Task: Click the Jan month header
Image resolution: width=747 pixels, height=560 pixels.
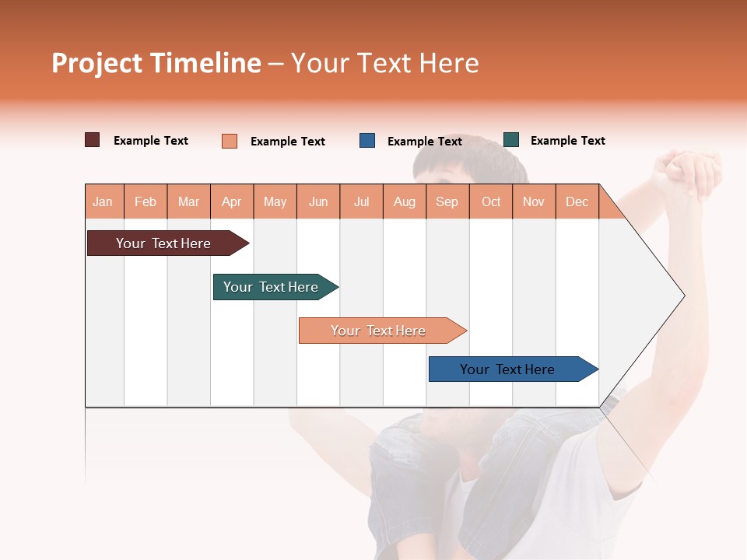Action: coord(103,201)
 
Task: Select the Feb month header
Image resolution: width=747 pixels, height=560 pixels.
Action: coord(146,201)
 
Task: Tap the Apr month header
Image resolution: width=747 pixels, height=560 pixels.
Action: coord(232,201)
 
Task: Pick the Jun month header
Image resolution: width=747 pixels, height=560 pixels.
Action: coord(318,201)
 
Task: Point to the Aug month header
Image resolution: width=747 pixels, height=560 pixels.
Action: coord(405,201)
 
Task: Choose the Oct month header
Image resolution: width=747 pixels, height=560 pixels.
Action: coord(491,201)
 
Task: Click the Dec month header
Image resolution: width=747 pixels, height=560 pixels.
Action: coord(577,201)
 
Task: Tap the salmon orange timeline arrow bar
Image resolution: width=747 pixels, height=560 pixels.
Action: coord(379,331)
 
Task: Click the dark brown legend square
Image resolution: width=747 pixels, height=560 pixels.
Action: coord(93,140)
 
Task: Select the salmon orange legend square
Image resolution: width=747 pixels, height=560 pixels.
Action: coord(230,141)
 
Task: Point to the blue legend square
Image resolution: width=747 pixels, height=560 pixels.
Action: coord(367,141)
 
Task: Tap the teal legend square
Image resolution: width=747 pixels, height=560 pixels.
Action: coord(511,140)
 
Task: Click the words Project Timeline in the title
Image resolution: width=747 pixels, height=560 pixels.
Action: coord(156,63)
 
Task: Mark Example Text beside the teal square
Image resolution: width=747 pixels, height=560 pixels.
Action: coord(567,141)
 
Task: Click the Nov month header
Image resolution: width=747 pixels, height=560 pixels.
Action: coord(534,201)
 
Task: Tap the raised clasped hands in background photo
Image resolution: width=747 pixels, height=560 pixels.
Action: coord(689,173)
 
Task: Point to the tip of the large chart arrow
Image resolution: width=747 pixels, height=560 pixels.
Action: coord(683,296)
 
